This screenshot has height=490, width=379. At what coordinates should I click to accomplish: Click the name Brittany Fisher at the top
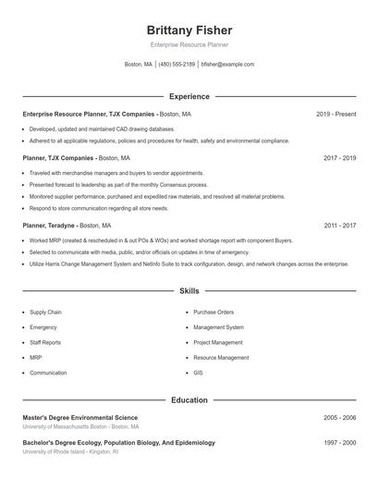point(189,31)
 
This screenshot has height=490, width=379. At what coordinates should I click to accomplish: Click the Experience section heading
point(189,96)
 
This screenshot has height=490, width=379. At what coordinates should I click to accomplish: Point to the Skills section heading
point(189,291)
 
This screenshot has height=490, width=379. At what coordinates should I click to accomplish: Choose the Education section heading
point(189,400)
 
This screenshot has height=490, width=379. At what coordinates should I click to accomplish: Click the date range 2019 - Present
point(336,114)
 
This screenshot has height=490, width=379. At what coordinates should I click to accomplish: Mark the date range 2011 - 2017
point(339,225)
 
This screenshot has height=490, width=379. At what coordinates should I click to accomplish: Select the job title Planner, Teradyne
point(50,225)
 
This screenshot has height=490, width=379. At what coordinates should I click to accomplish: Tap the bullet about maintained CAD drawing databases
point(102,129)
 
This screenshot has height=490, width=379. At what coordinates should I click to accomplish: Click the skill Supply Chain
point(45,312)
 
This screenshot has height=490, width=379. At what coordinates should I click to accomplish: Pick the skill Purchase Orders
point(214,312)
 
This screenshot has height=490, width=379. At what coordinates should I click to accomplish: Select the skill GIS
point(198,373)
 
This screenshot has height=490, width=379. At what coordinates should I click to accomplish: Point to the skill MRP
point(36,358)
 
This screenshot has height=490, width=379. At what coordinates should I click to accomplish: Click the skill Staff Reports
point(45,342)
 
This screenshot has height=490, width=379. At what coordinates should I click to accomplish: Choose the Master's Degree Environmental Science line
point(80,418)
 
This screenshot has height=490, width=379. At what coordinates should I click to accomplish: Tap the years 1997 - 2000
point(339,443)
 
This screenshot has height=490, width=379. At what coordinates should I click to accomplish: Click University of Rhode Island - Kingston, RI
point(70,452)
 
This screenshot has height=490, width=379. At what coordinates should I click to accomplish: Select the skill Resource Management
point(221,358)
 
